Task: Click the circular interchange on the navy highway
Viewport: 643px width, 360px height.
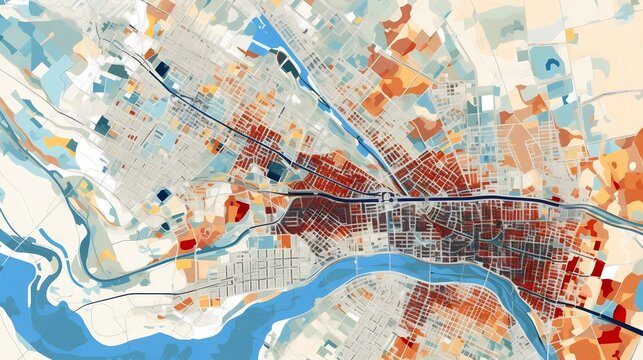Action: (x=384, y=196)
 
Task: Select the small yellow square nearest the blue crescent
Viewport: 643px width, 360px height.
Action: (x=570, y=36)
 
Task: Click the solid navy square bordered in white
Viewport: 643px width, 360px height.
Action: (x=162, y=69)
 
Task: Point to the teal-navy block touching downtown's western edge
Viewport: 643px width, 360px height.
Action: (x=275, y=171)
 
